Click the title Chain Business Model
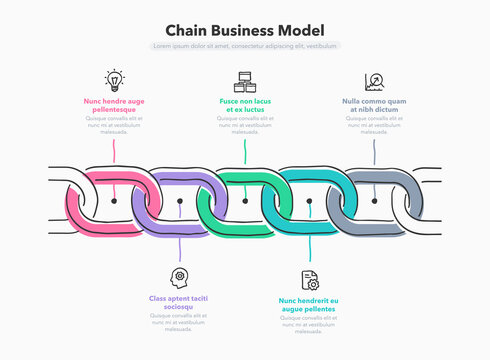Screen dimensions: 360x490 click(x=245, y=31)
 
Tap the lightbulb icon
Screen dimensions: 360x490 click(x=114, y=80)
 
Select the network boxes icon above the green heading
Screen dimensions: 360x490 click(x=244, y=81)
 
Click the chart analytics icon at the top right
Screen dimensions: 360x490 click(x=374, y=81)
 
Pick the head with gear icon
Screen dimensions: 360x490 click(x=179, y=277)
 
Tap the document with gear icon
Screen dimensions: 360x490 click(x=309, y=279)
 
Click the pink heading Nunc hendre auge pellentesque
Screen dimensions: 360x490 click(x=114, y=105)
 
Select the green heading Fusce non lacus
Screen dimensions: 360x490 click(x=244, y=105)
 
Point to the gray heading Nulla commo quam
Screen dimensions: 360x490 click(x=374, y=105)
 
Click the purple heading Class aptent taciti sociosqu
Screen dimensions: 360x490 click(x=179, y=303)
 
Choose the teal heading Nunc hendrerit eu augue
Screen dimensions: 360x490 click(x=309, y=304)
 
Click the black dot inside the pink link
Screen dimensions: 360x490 click(x=114, y=201)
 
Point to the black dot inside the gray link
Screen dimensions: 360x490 click(x=374, y=201)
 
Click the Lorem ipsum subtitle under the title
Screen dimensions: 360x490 click(x=245, y=46)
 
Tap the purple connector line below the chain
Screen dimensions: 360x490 click(x=179, y=245)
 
